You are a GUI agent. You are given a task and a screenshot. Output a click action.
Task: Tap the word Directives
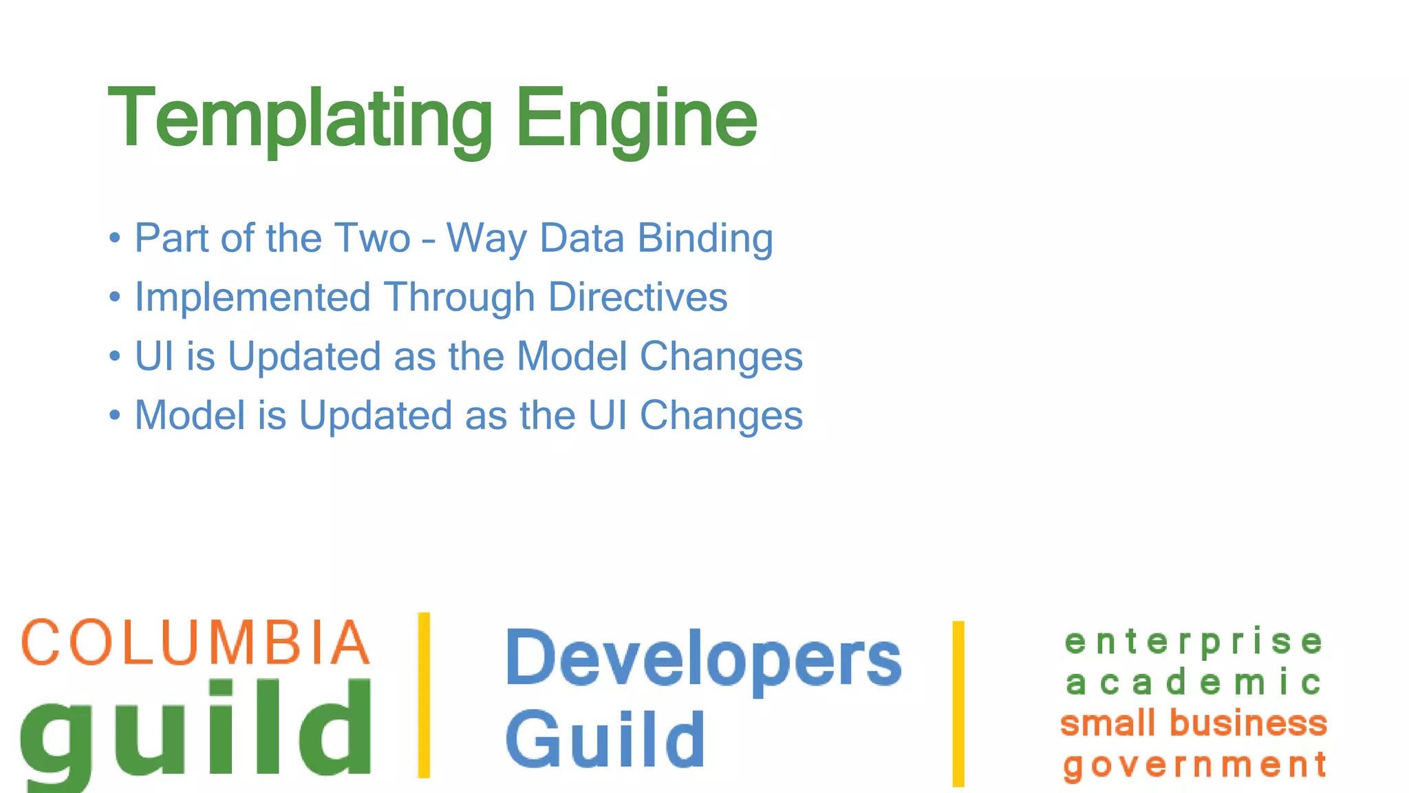[x=638, y=297]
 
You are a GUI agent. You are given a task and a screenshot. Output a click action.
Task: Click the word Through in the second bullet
[x=460, y=297]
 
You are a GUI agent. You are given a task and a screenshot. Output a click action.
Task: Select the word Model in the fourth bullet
[x=190, y=416]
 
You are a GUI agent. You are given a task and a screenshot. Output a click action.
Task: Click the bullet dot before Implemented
[x=115, y=297]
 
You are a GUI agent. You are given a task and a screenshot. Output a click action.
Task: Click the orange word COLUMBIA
[x=196, y=642]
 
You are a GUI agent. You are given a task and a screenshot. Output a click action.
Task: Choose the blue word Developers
[x=703, y=659]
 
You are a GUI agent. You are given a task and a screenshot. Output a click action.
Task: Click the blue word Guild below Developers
[x=605, y=740]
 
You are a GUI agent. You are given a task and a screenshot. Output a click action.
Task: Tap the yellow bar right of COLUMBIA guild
[x=424, y=695]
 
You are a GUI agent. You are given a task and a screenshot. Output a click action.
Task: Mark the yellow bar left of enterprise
[x=958, y=704]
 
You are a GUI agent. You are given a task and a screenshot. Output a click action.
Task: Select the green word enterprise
[x=1194, y=642]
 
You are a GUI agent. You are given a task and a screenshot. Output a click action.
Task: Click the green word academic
[x=1194, y=683]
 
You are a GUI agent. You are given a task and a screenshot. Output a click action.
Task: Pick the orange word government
[x=1195, y=765]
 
